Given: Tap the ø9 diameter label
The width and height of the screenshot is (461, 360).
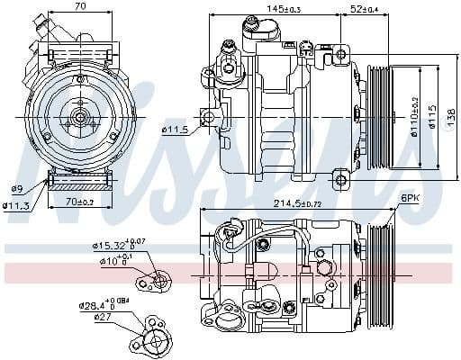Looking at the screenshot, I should (17, 188).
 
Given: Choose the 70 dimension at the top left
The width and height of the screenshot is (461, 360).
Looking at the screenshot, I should (80, 7).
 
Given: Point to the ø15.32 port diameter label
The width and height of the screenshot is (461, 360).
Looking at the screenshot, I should (113, 244).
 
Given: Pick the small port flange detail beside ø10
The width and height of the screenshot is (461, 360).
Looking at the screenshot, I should (158, 282).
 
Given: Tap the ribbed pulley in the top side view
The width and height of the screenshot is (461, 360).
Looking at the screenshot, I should (380, 117).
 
